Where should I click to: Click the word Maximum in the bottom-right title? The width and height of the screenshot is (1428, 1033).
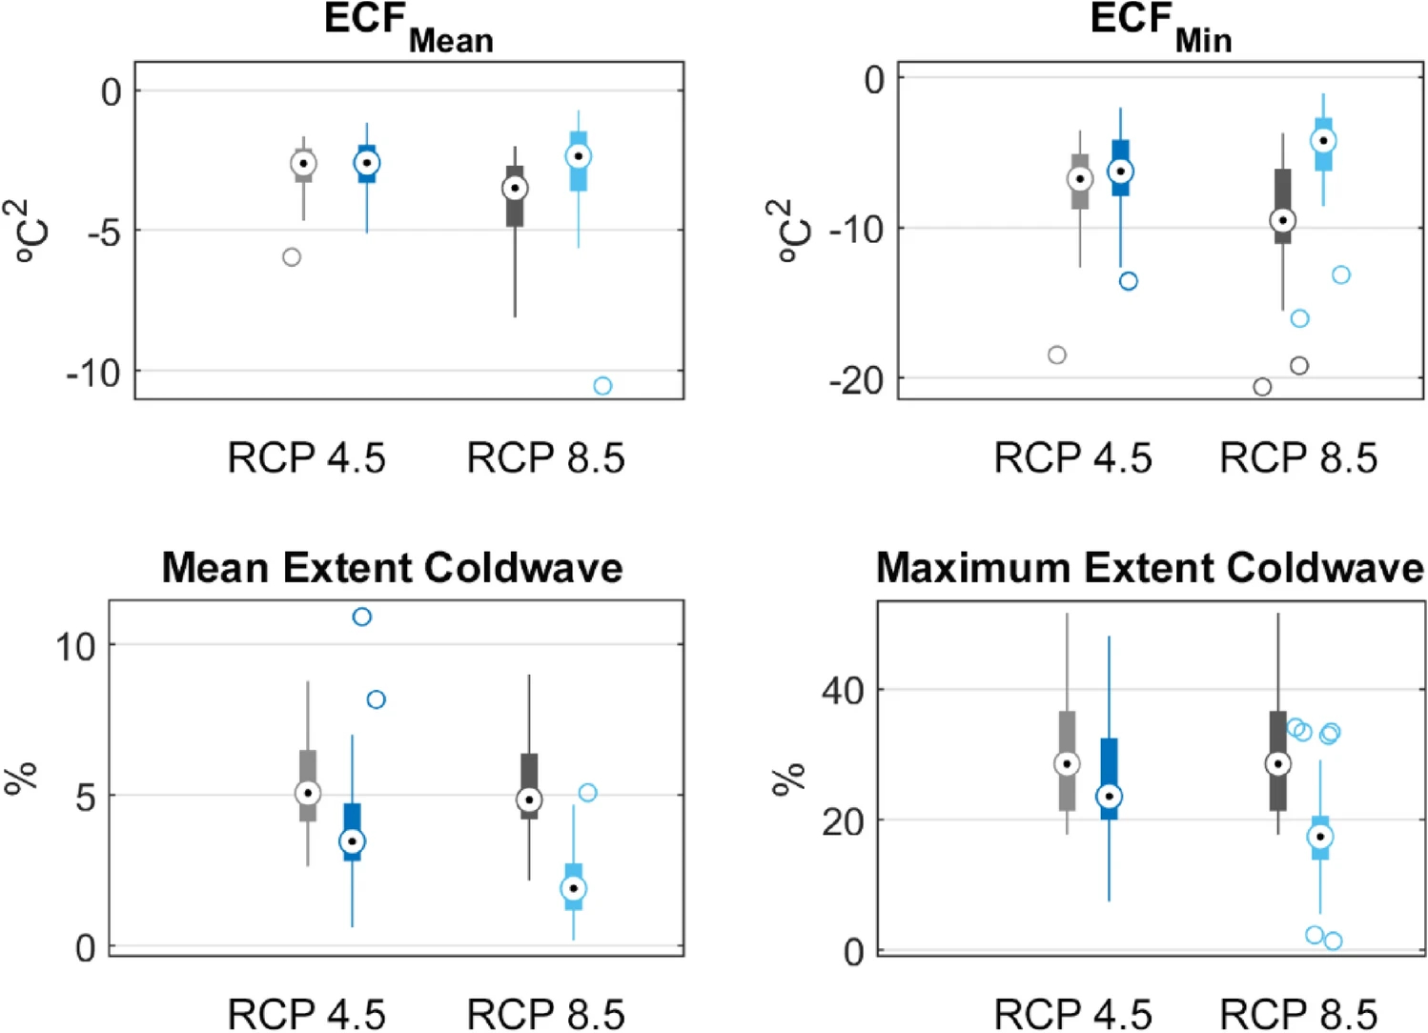click(963, 568)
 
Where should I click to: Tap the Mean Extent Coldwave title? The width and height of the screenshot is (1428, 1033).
click(392, 568)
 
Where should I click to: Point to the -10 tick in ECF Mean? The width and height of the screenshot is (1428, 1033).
click(93, 373)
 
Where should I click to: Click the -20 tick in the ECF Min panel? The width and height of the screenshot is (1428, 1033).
click(856, 379)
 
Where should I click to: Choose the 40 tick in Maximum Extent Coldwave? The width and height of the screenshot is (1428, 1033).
click(844, 690)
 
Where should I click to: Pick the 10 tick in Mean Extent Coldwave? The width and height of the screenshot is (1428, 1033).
click(75, 647)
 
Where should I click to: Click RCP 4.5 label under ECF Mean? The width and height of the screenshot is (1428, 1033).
click(306, 458)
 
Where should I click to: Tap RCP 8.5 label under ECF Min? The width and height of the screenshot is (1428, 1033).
click(1298, 458)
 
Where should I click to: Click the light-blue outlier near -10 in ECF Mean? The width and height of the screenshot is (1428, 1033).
click(602, 386)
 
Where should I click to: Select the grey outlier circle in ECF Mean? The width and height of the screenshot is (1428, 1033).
click(292, 257)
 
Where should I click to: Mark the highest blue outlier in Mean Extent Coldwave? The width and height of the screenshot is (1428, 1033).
click(361, 618)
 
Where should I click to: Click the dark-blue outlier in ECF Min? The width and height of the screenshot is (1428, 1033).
click(1129, 281)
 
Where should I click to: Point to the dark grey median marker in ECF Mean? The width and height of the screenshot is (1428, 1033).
click(515, 188)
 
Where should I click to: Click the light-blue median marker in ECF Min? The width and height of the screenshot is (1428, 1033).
click(1323, 141)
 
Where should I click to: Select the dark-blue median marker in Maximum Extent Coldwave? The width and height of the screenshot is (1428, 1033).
click(1109, 796)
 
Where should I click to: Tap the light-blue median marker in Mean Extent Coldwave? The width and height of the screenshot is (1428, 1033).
click(573, 888)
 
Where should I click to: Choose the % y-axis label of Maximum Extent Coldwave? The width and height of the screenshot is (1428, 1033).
click(789, 779)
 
